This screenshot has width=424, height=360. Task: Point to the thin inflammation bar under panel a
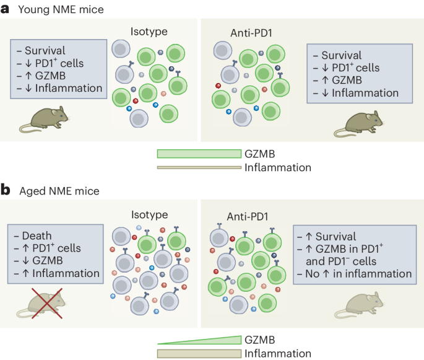tap(199, 167)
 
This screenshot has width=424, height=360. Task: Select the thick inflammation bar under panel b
tap(199, 353)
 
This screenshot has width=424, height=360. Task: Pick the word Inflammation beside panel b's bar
tap(277, 353)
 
